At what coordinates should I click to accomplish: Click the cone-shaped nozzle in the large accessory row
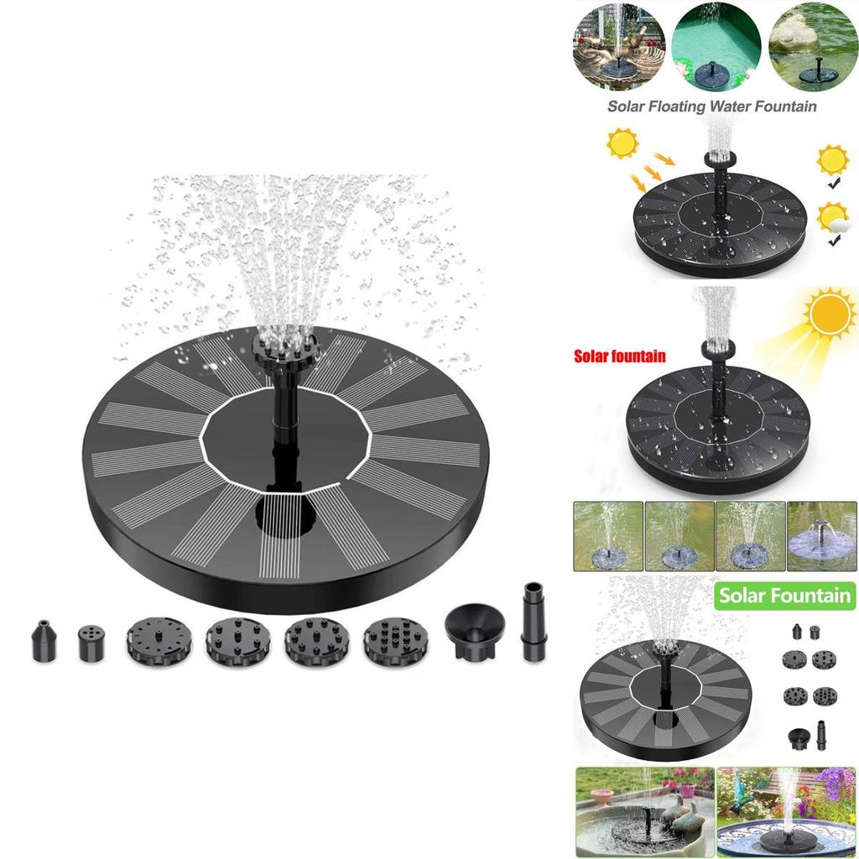click(x=44, y=640)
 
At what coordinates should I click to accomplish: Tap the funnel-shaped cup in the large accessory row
click(x=475, y=623)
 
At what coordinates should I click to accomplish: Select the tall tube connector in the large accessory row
click(x=534, y=622)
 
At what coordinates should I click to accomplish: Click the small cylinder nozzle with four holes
click(x=91, y=642)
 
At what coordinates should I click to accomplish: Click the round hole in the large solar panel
click(x=285, y=514)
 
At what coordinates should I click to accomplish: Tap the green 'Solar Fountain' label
click(x=785, y=596)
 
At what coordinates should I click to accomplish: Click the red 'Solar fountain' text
click(x=620, y=357)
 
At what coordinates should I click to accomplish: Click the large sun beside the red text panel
click(x=829, y=314)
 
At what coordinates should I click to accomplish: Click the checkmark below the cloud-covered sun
click(x=834, y=240)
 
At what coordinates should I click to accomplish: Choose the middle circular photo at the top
click(x=716, y=46)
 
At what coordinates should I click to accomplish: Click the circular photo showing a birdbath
click(x=619, y=46)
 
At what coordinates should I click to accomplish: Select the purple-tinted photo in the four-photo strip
click(x=821, y=536)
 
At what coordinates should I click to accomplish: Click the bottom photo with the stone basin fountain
click(x=645, y=812)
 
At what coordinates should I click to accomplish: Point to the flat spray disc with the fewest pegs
click(x=159, y=642)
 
